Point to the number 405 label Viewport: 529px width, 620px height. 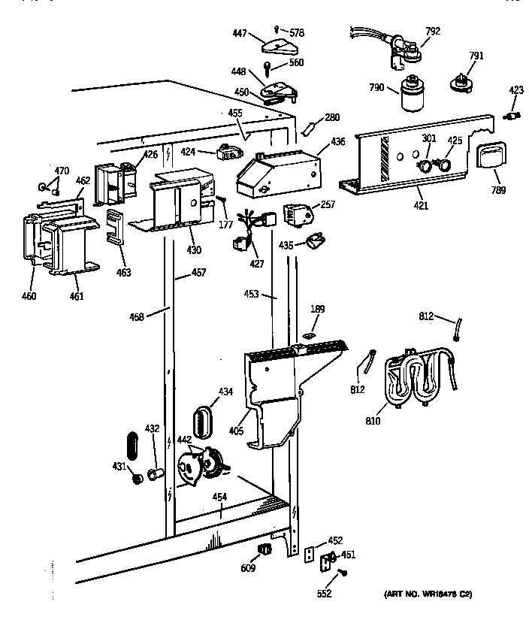click(x=237, y=430)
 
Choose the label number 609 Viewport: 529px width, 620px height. click(x=248, y=567)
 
